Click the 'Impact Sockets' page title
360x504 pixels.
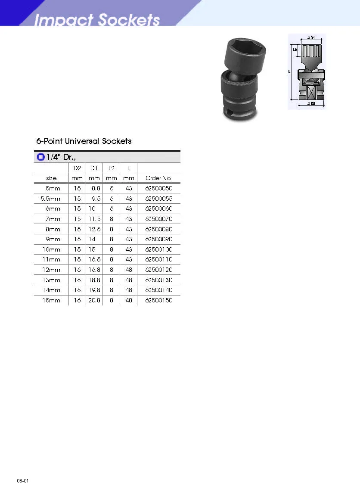pos(97,19)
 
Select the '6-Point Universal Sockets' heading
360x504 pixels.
pos(84,141)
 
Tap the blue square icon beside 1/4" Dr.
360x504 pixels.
pos(40,157)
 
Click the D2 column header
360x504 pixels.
pos(77,168)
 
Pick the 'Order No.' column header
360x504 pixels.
pos(158,178)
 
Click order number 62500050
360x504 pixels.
pos(159,188)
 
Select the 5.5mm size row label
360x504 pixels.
pos(50,199)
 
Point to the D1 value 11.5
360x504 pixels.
pos(94,219)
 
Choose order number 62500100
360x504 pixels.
pos(159,249)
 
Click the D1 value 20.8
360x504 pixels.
pos(94,300)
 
